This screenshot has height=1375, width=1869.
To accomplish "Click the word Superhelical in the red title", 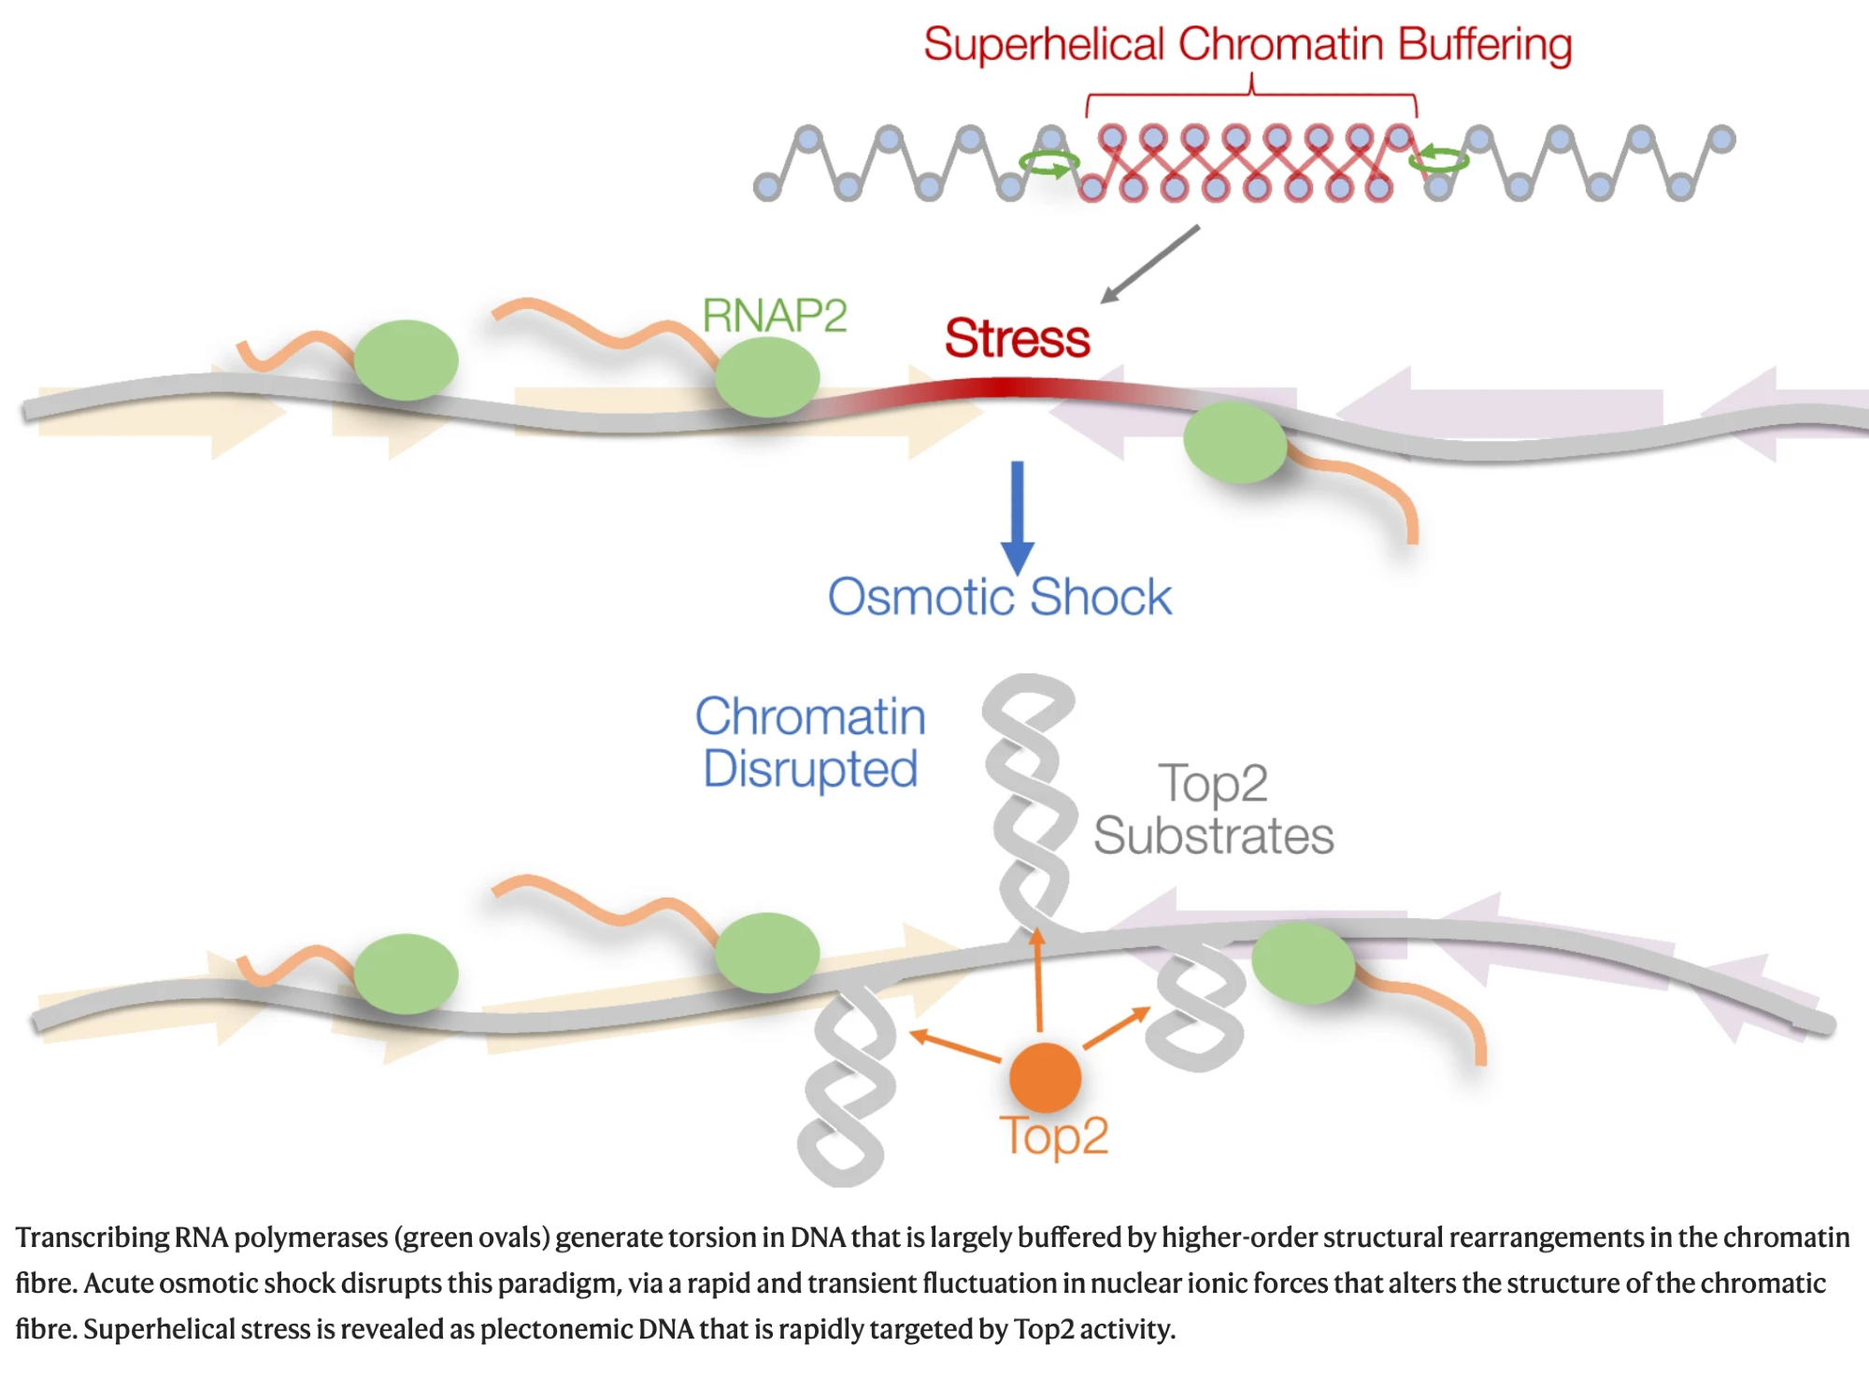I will (1044, 45).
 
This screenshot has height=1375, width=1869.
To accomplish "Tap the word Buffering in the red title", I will (1485, 45).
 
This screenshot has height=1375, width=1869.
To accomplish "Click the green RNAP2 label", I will (774, 316).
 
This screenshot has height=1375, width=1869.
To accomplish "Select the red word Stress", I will (1017, 338).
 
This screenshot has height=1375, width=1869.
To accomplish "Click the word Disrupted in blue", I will (810, 770).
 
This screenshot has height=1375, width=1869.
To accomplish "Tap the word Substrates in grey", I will (1213, 836).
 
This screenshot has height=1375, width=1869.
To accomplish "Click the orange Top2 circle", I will (1045, 1078).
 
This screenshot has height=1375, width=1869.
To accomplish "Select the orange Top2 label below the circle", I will (1054, 1137).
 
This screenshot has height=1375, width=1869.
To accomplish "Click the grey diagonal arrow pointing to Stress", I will (1150, 264).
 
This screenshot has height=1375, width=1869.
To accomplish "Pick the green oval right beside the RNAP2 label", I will (767, 376).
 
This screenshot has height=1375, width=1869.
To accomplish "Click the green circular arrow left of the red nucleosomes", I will (1049, 164).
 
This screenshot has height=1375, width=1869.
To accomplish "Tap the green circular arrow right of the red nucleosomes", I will (1440, 160).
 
